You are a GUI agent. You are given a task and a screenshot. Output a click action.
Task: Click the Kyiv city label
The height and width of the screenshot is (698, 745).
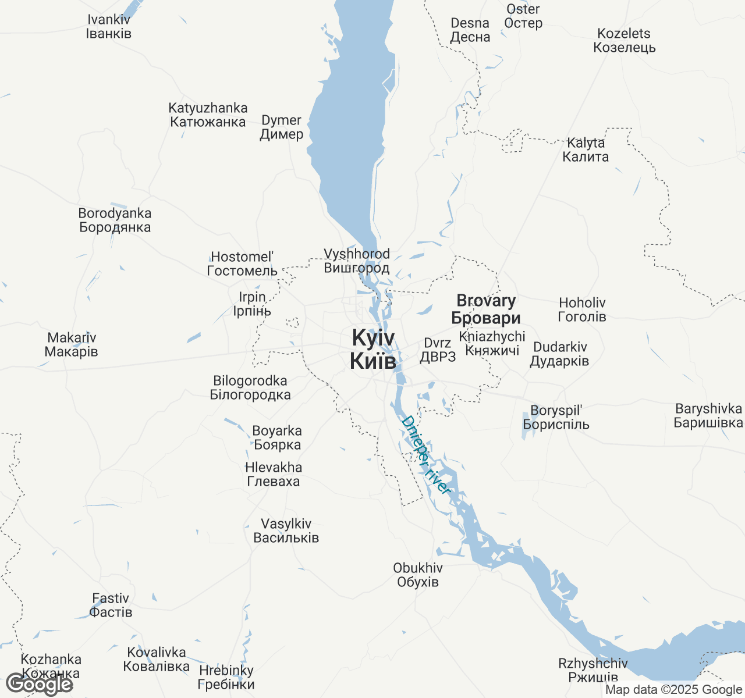373,349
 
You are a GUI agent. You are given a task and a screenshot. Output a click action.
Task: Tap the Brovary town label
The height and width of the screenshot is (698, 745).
486,309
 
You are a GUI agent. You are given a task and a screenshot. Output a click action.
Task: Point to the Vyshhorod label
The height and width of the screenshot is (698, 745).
357,261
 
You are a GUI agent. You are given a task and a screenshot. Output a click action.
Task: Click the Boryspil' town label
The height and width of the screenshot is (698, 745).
556,418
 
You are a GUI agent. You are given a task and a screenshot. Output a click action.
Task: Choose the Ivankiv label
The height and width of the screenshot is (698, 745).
109,27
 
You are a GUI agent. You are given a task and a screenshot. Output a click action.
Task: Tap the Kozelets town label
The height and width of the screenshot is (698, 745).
625,41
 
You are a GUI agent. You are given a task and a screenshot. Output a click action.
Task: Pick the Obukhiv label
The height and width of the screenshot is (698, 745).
418,575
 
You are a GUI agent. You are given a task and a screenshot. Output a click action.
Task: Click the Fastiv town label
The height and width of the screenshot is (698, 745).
111,605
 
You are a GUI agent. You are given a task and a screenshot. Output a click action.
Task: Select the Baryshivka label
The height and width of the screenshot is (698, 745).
708,415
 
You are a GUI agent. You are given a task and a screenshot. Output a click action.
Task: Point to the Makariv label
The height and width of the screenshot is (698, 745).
72,344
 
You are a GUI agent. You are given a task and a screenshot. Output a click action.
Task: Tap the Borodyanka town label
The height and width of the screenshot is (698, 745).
115,220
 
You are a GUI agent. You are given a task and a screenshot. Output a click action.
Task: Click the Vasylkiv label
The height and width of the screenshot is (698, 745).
286,530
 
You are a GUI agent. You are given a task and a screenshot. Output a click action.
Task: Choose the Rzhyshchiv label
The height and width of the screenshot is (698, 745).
593,670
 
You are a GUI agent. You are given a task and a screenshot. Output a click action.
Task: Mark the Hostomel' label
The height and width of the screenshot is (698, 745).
242,263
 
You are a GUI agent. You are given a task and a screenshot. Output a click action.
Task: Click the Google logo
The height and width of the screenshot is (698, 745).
39,685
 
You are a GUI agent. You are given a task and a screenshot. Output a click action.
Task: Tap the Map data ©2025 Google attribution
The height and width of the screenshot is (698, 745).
673,690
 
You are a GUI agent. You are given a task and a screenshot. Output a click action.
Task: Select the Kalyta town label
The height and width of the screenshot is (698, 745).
586,149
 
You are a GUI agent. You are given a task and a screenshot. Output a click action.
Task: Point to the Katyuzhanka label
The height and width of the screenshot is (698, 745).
208,115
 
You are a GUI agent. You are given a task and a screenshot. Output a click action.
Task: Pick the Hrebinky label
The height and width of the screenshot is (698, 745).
226,677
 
